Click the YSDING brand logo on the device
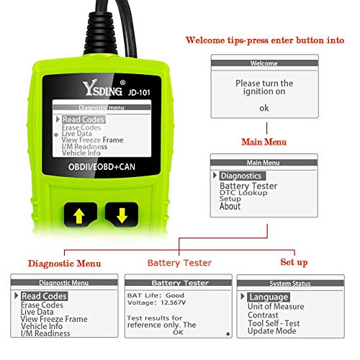(x=102, y=88)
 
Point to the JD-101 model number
(x=139, y=92)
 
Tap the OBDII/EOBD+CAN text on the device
(x=102, y=167)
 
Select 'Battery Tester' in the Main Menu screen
(x=248, y=186)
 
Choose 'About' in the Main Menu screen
(x=230, y=207)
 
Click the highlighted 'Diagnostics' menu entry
(x=241, y=176)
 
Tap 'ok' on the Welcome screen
(x=264, y=108)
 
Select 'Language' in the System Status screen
(x=269, y=297)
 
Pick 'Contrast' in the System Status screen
(x=263, y=315)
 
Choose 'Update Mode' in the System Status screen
(x=271, y=331)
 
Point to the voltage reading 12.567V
(x=174, y=302)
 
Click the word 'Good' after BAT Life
(x=175, y=295)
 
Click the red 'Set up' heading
(x=294, y=262)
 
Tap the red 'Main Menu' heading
(x=264, y=142)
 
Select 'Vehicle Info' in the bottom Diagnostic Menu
(x=42, y=326)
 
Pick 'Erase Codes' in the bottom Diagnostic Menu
(x=42, y=305)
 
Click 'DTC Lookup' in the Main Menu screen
(x=243, y=193)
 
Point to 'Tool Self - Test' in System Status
(x=274, y=323)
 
